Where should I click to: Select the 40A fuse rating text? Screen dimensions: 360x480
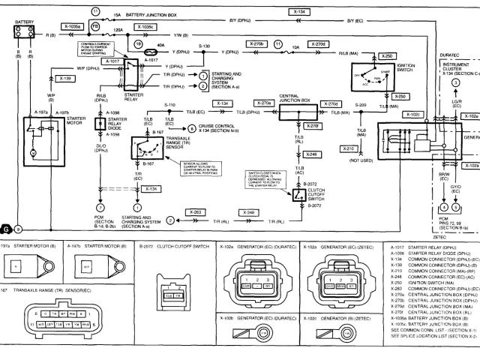tap(160, 46)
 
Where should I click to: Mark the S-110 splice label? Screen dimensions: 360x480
tap(169, 103)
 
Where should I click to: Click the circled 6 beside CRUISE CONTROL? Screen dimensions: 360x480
tap(192, 129)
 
